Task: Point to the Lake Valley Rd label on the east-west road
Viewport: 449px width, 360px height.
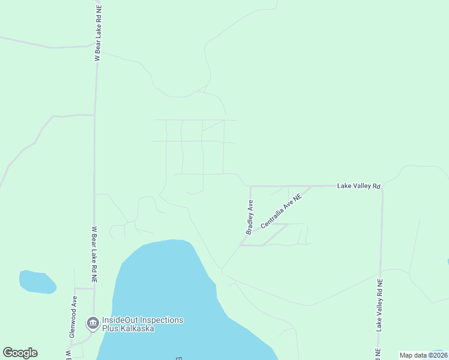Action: [358, 186]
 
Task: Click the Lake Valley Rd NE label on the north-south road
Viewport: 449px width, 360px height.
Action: [379, 305]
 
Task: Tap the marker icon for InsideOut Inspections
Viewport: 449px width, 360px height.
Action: [93, 324]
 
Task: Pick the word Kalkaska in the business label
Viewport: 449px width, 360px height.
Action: [137, 328]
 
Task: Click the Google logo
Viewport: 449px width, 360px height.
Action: [20, 353]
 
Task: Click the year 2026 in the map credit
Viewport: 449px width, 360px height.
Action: [437, 355]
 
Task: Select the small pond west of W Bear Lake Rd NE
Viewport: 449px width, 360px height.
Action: [37, 282]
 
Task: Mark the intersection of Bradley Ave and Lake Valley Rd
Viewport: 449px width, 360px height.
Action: [250, 186]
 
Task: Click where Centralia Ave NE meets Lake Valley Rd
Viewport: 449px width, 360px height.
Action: [311, 186]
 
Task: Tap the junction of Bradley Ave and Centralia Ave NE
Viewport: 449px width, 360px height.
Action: [241, 245]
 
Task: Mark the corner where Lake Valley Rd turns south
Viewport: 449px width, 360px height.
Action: [382, 187]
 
